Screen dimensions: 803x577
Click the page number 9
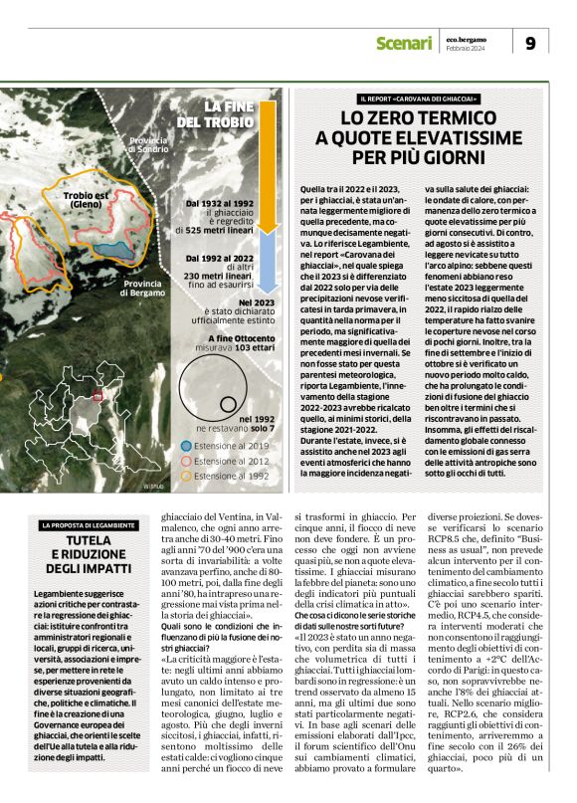(530, 43)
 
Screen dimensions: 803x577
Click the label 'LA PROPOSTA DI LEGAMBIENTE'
(88, 524)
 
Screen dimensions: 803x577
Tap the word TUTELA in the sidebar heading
(88, 540)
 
